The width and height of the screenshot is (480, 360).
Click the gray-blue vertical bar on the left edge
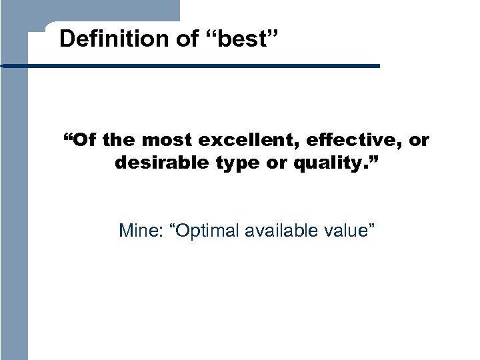13,200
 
